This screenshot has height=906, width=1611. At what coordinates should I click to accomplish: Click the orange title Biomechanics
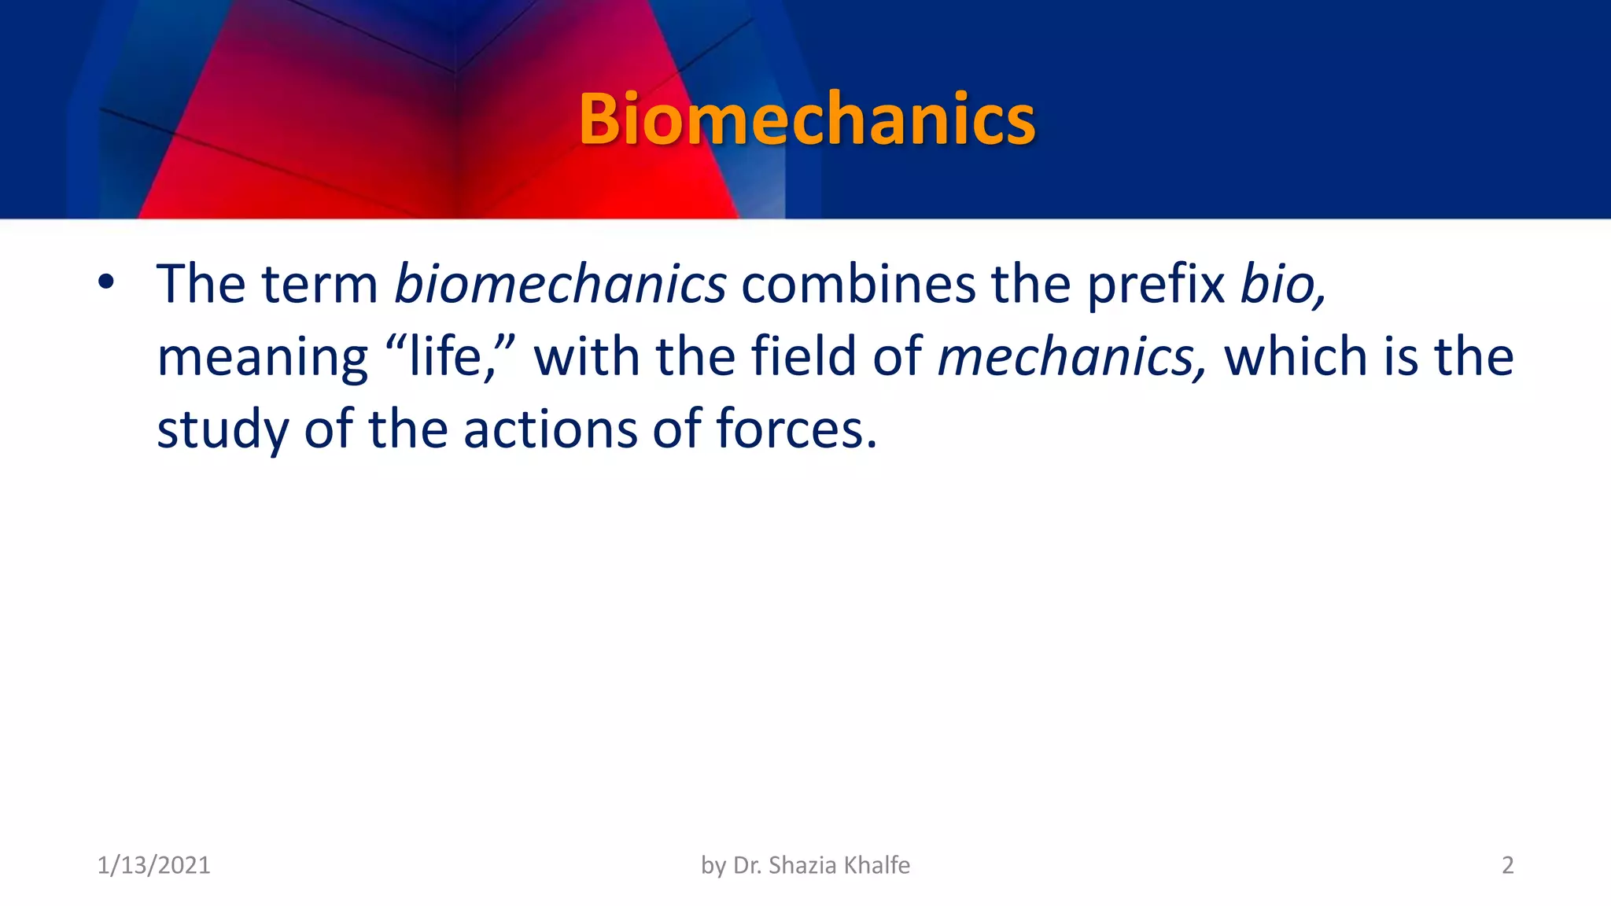(807, 120)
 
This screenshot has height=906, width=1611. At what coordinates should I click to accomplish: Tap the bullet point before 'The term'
(107, 282)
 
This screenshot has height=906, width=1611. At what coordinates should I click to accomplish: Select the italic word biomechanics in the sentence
(560, 284)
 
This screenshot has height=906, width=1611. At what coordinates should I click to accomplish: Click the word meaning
(262, 358)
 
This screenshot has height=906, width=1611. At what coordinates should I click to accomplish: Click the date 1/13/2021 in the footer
(153, 865)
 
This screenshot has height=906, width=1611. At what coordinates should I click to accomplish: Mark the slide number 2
(1507, 865)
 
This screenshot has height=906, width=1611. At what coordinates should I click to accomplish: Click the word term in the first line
(320, 284)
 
